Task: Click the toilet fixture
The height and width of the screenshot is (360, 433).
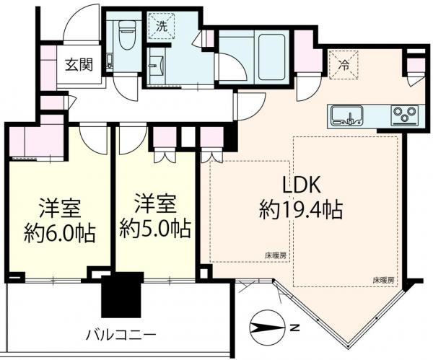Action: tap(127, 35)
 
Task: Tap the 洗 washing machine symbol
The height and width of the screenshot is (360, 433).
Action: tap(162, 26)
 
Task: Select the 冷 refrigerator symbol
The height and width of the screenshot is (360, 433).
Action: tap(344, 65)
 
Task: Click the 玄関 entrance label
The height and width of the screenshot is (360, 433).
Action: tap(79, 65)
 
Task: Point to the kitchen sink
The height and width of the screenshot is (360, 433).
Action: tap(347, 115)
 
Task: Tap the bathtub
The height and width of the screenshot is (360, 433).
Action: tap(271, 57)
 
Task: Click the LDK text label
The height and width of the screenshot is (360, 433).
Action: tap(301, 185)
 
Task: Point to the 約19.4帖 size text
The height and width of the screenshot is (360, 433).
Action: tap(301, 210)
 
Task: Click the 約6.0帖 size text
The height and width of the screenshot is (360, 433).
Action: tap(60, 233)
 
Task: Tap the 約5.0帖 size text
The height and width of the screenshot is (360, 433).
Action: tap(155, 229)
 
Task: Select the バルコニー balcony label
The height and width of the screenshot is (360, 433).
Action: tap(121, 335)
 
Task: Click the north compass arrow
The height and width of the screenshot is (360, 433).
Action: tap(267, 328)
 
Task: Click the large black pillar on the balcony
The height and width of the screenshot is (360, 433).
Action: tap(123, 294)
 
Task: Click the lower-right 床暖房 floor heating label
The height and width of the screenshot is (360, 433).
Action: tap(383, 281)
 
